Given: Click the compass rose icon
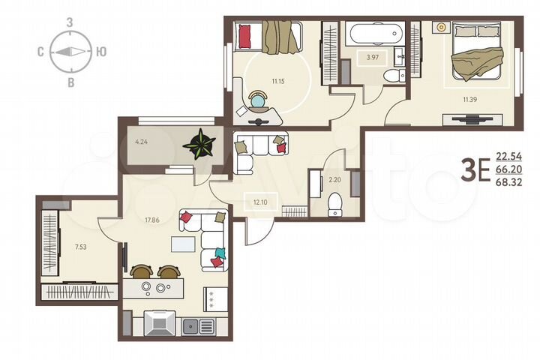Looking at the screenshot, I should click(70, 52).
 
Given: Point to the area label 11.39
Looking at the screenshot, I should click(469, 99).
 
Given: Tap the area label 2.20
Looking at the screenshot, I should click(334, 180).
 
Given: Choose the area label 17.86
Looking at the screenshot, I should click(154, 220).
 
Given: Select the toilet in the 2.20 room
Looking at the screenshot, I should click(335, 202).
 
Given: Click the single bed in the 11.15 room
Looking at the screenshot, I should click(270, 37).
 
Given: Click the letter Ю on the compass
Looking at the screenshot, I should click(101, 52).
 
